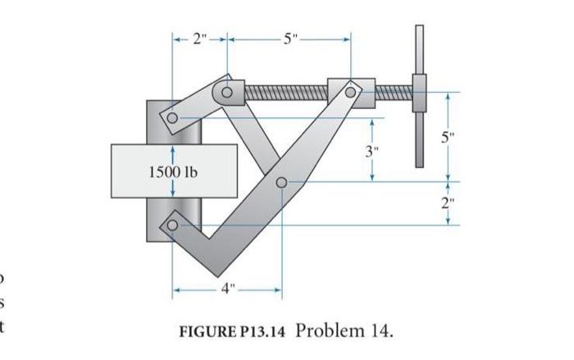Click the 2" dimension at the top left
coord(199,38)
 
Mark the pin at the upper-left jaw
coord(172,118)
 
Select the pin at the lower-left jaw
coord(172,224)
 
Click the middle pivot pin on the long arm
coord(281,182)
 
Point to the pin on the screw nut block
coord(350,91)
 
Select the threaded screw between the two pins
coord(287,91)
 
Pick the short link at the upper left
coord(198,104)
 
